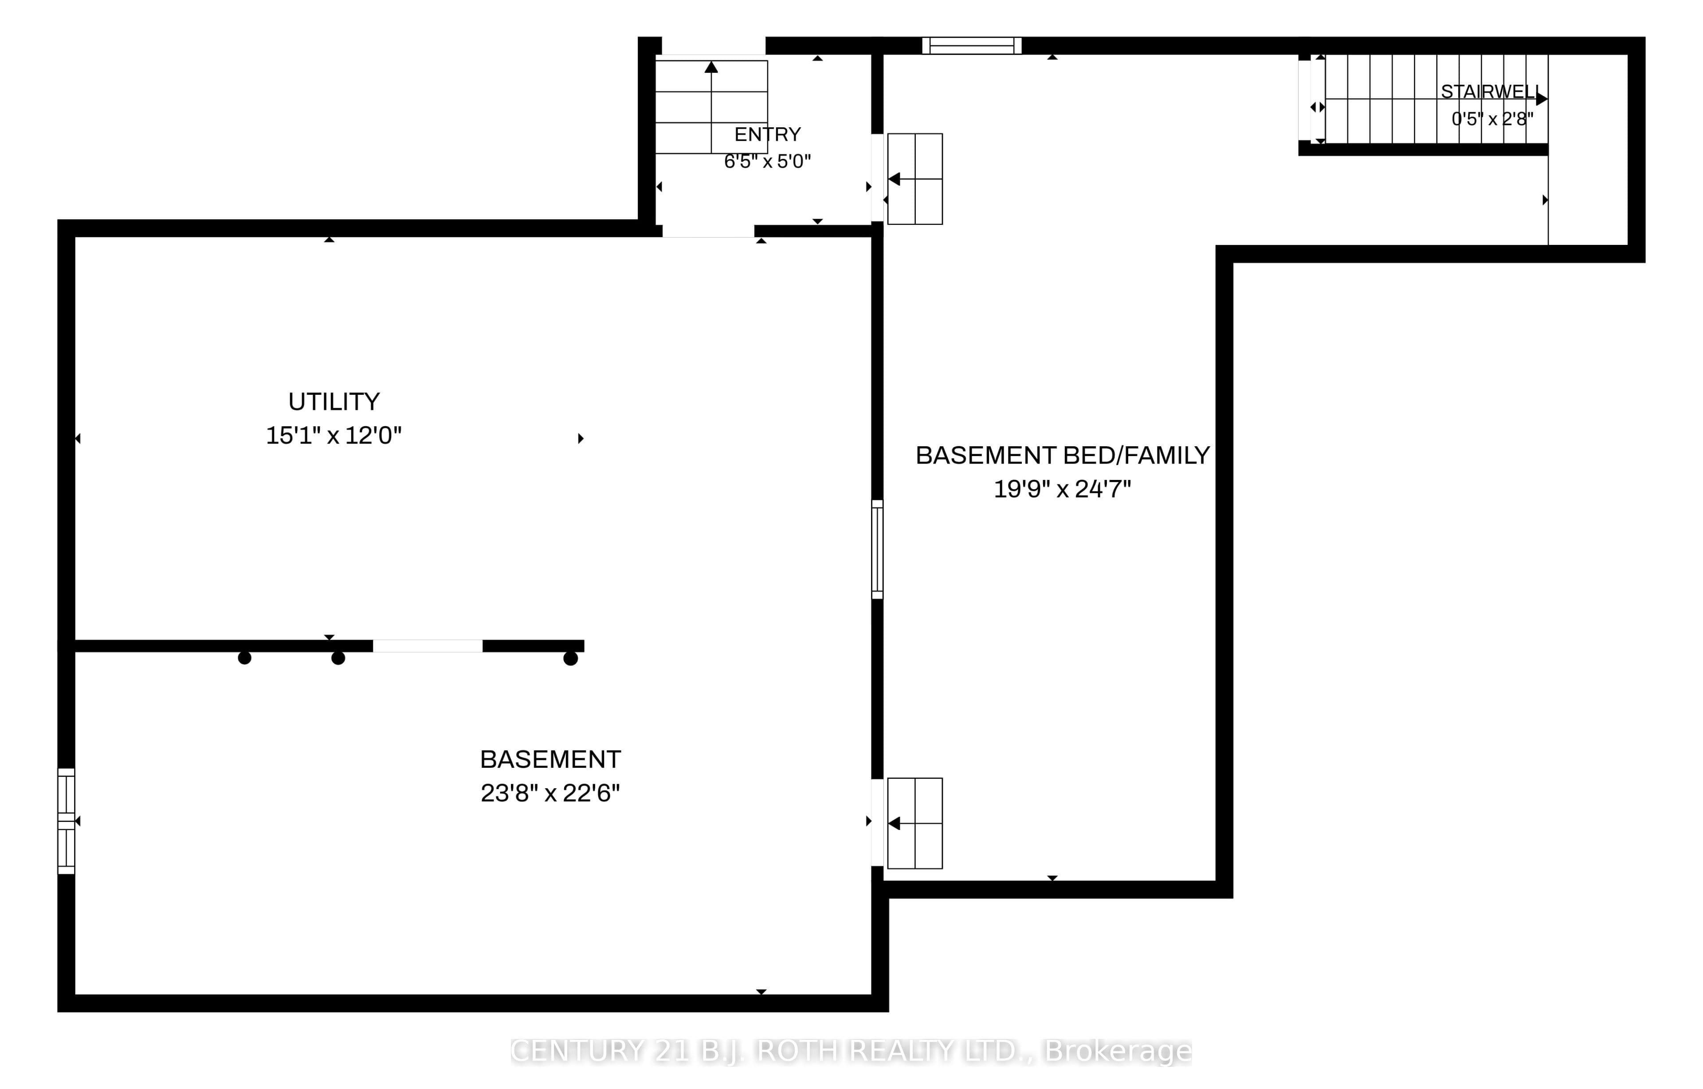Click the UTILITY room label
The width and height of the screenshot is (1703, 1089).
pyautogui.click(x=334, y=402)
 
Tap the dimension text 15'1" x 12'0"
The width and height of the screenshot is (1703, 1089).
pyautogui.click(x=334, y=435)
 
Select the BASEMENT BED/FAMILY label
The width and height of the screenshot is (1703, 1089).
pyautogui.click(x=1062, y=456)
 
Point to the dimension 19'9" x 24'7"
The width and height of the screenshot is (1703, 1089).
pyautogui.click(x=1062, y=489)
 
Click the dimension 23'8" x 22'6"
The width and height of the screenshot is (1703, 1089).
pyautogui.click(x=550, y=793)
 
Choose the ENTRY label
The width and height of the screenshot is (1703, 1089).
pyautogui.click(x=767, y=134)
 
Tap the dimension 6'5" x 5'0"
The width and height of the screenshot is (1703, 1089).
pyautogui.click(x=767, y=161)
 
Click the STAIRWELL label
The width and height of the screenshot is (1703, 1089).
pyautogui.click(x=1491, y=92)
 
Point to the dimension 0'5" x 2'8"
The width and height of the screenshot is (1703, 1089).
pyautogui.click(x=1492, y=119)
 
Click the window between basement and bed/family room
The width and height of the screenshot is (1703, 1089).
pyautogui.click(x=877, y=550)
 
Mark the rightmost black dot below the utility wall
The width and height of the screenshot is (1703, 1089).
pyautogui.click(x=571, y=659)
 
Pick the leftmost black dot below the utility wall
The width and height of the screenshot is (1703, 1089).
pyautogui.click(x=245, y=658)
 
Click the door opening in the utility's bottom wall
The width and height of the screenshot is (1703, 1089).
pyautogui.click(x=428, y=646)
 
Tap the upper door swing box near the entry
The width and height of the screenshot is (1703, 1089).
pyautogui.click(x=915, y=179)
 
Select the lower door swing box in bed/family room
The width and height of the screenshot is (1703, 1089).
pyautogui.click(x=915, y=824)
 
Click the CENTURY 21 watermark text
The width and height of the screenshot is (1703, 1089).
pyautogui.click(x=851, y=1051)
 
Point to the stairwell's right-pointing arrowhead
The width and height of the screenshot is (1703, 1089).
pyautogui.click(x=1542, y=99)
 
